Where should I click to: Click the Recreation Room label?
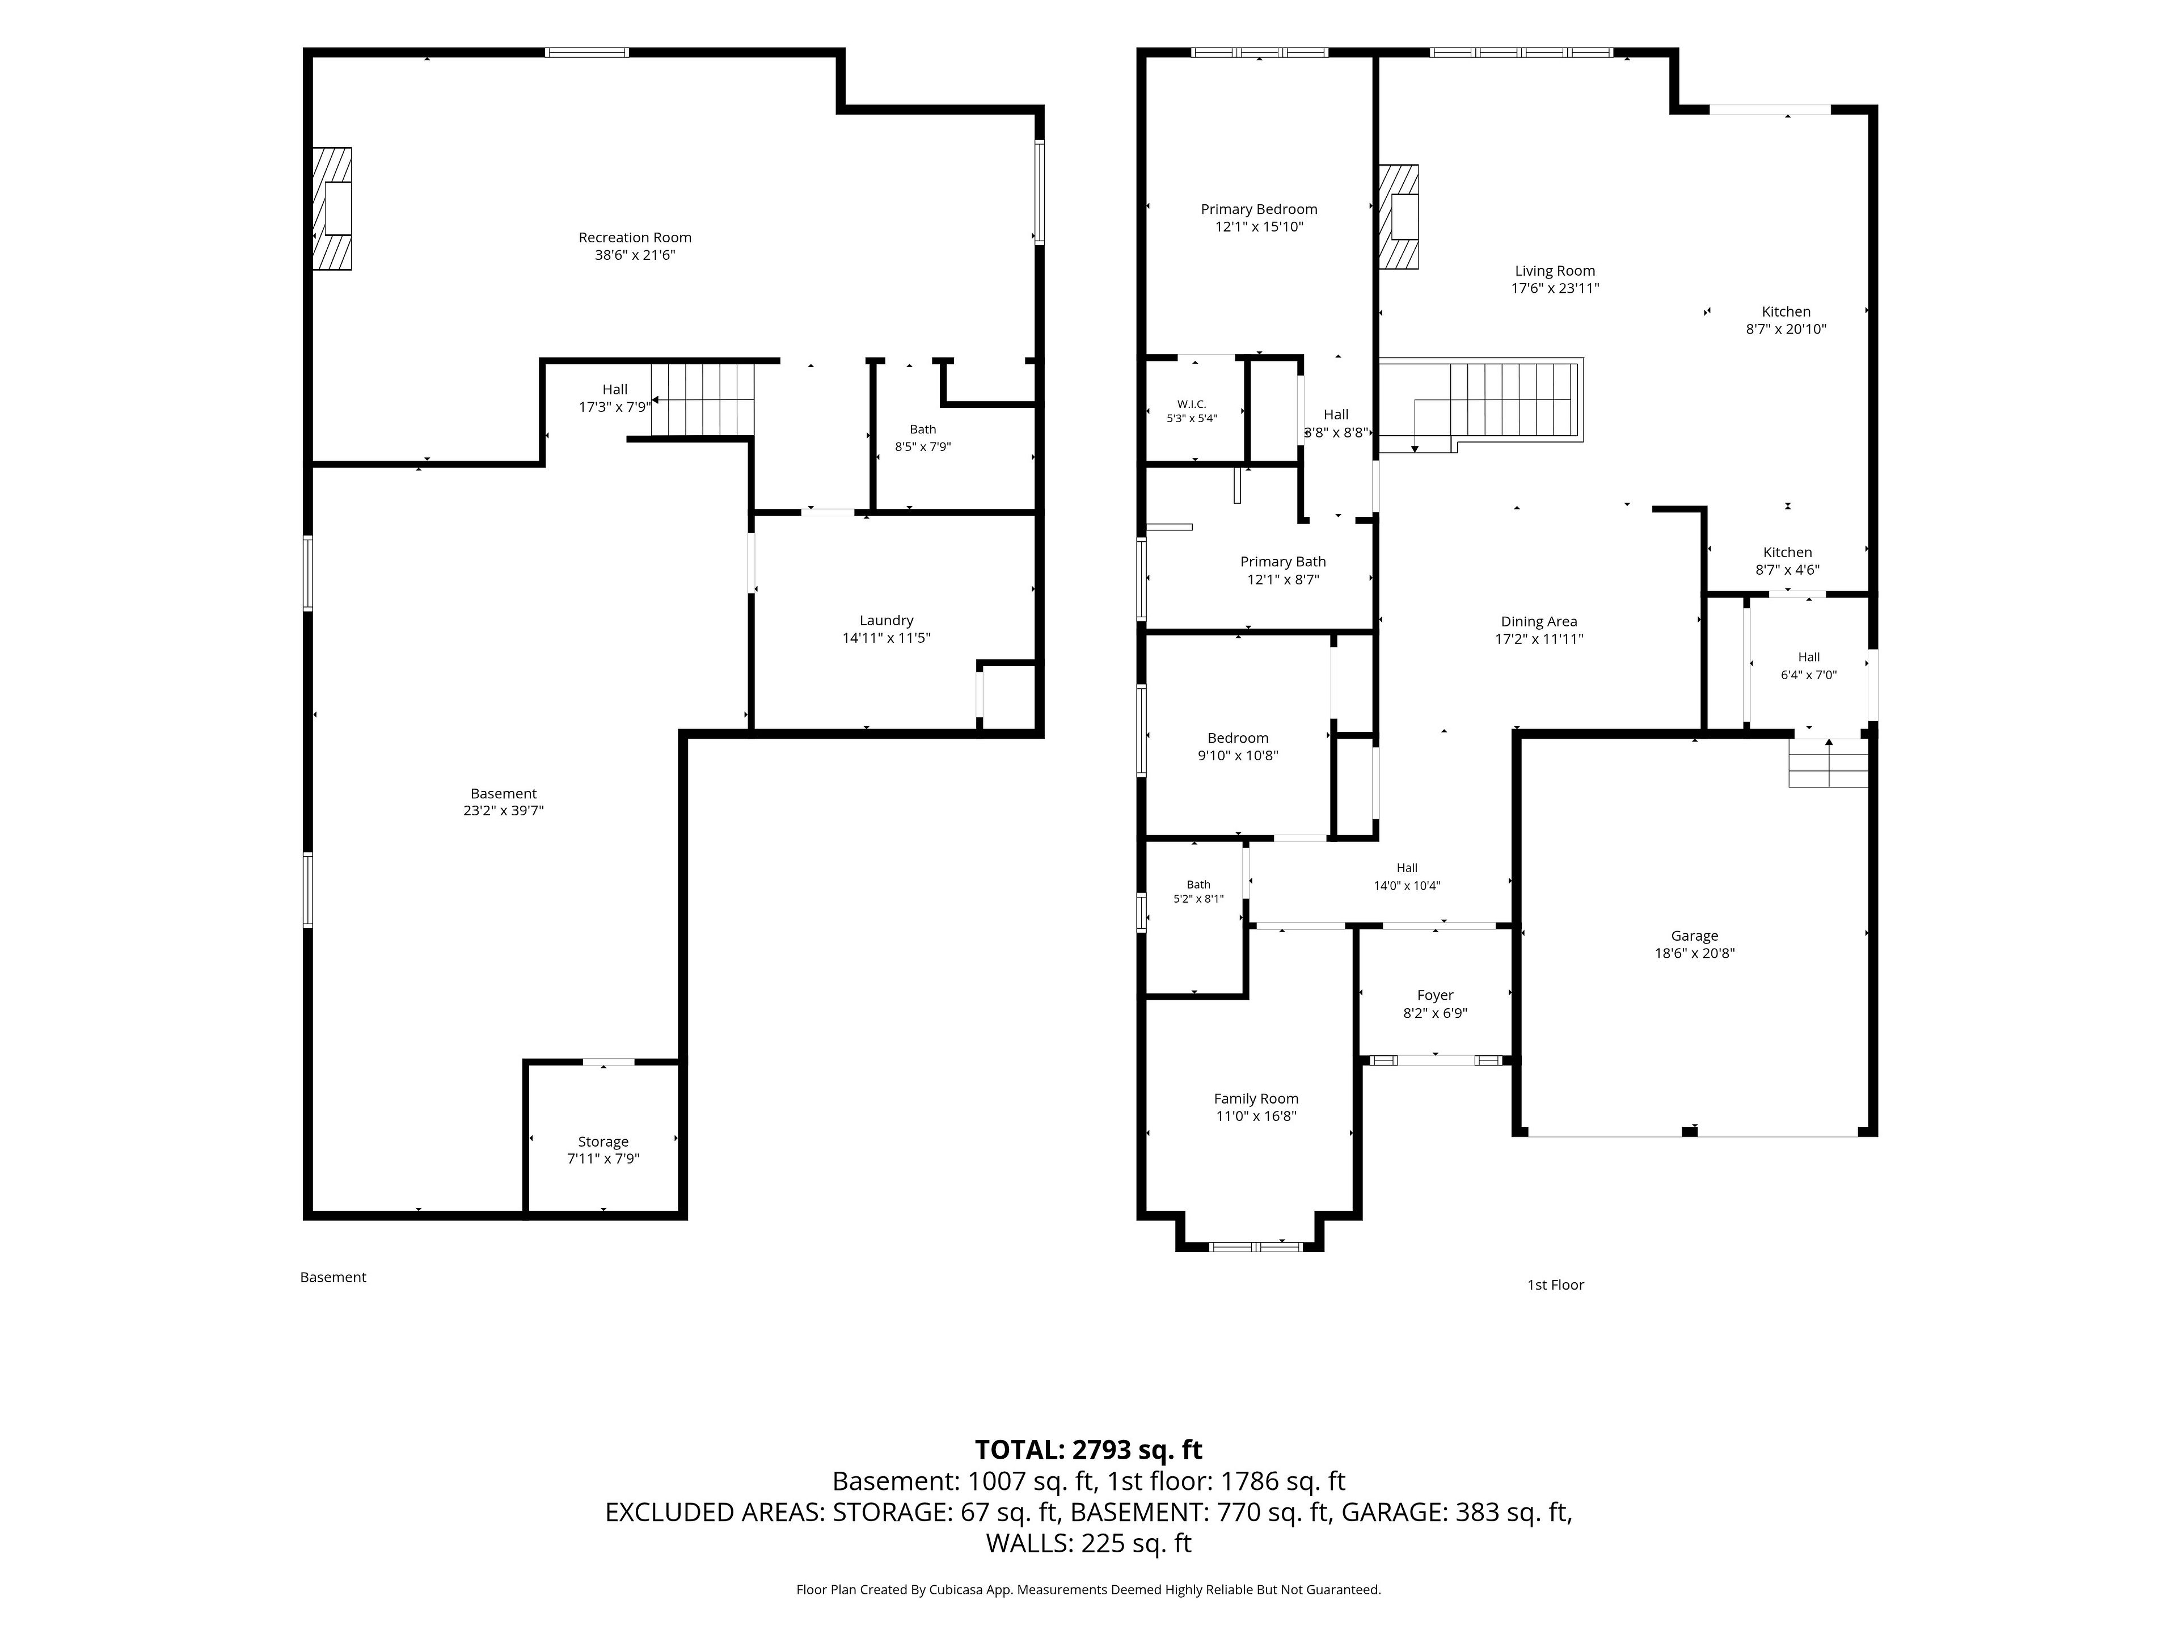click(635, 237)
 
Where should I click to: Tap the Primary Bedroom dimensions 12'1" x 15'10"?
click(1259, 226)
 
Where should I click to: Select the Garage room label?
click(1695, 936)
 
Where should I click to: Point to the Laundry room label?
click(886, 621)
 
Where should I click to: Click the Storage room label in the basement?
click(603, 1142)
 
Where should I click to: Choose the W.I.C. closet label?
click(1192, 404)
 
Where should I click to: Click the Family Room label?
click(1256, 1098)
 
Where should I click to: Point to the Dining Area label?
click(1539, 621)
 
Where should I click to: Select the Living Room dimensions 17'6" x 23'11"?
click(1556, 289)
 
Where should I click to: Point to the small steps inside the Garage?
click(1829, 763)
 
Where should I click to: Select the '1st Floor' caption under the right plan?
click(1556, 1285)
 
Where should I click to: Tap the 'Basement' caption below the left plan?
click(333, 1278)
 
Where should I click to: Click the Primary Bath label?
click(1283, 562)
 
